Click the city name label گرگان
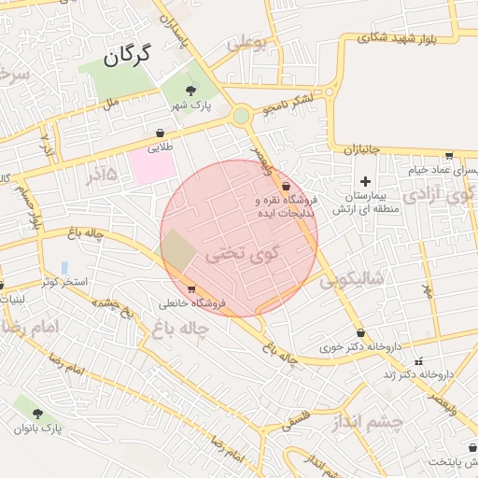click(127, 56)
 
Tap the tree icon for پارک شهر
click(190, 91)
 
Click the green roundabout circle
click(242, 116)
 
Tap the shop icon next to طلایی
click(158, 134)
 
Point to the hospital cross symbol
click(365, 181)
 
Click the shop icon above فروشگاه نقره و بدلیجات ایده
click(285, 187)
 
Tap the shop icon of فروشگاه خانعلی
click(190, 288)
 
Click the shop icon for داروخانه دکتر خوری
click(360, 332)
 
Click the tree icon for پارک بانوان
click(37, 413)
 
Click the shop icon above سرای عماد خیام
click(449, 156)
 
